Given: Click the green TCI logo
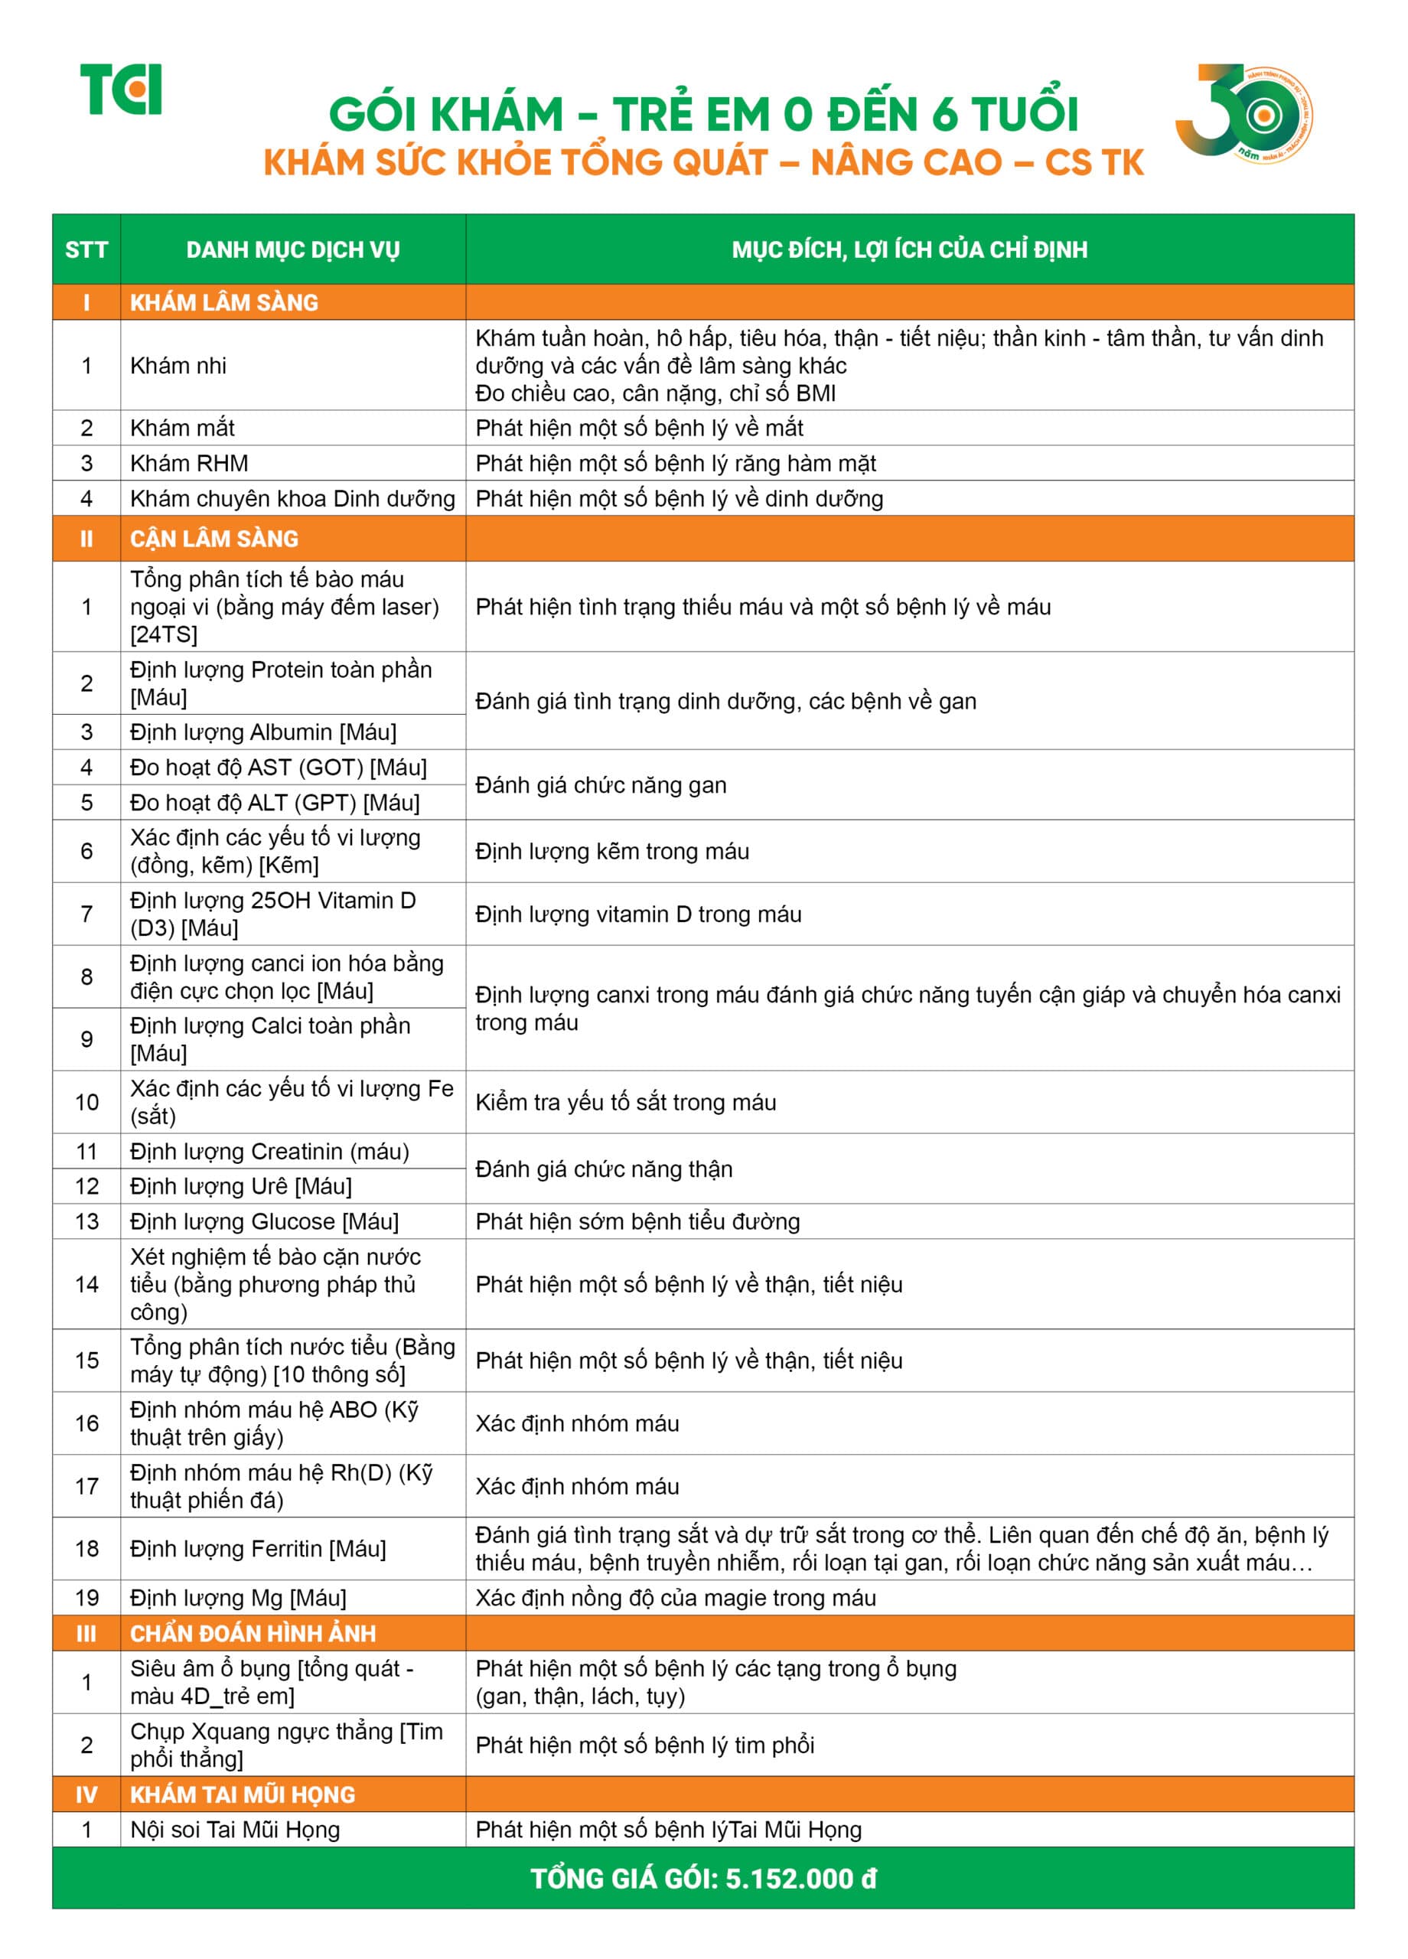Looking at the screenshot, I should coord(121,89).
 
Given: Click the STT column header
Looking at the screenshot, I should coord(86,249).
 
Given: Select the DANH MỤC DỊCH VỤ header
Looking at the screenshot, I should coord(293,249).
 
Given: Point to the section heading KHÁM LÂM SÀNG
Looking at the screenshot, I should coord(223,302).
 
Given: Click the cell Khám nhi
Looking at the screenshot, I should coord(178,365).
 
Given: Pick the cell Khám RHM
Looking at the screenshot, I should coord(189,463).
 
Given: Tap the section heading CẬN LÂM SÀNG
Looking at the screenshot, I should coord(214,539).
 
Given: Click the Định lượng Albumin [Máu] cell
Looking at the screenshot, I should coord(263,732).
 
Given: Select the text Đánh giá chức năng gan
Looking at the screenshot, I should coord(601,784).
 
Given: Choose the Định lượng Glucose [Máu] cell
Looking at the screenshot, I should coord(264,1221).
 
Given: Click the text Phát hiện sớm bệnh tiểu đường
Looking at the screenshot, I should coord(637,1221).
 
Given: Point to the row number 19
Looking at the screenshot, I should coord(86,1598).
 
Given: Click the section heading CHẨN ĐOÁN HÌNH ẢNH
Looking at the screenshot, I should coord(253,1633).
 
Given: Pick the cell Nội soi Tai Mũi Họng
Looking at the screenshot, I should coord(235,1830).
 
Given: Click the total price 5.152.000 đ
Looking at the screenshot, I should coord(800,1878).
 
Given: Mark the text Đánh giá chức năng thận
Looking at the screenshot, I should coord(604,1169).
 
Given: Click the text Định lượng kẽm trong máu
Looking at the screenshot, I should coord(611,851).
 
